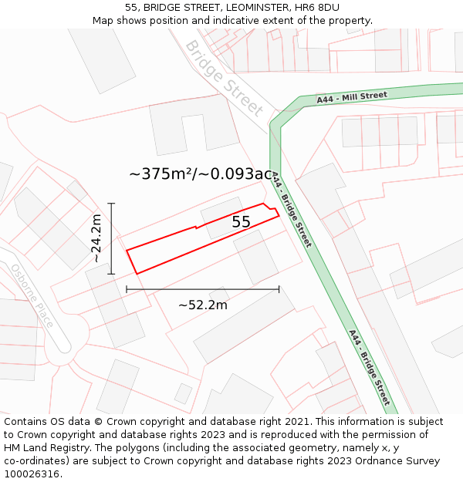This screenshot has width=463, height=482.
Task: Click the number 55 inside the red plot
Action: tap(241, 222)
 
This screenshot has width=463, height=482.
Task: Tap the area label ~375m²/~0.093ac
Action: tap(201, 174)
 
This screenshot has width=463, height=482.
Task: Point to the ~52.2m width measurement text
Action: tap(202, 305)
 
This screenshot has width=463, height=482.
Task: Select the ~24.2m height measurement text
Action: tap(96, 238)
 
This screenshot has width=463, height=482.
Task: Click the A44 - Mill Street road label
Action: tap(351, 97)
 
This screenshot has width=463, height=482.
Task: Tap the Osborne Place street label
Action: tap(32, 296)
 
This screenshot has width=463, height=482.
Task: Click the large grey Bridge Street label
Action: tap(224, 78)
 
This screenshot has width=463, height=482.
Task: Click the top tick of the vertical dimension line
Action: tap(112, 204)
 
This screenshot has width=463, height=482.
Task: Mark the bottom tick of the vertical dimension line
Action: tap(112, 274)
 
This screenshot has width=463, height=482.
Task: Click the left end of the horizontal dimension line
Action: tap(127, 290)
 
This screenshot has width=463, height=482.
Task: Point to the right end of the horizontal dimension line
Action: tap(279, 290)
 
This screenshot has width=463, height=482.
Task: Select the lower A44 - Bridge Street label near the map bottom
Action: tap(369, 368)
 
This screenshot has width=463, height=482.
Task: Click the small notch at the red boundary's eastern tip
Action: tap(272, 208)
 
